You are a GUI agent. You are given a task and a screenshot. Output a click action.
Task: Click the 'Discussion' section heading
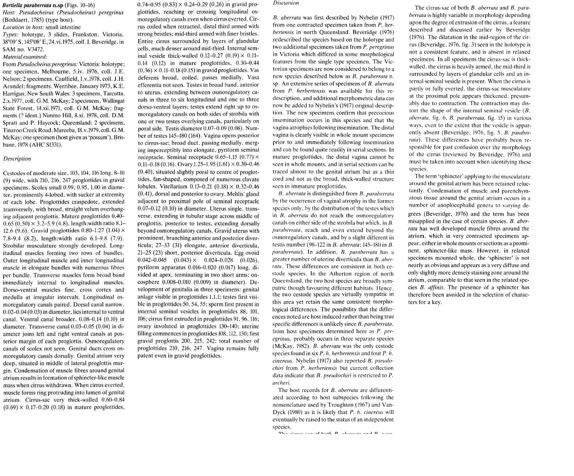(x=286, y=3)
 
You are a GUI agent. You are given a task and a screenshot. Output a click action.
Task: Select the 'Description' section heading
(x=17, y=159)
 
